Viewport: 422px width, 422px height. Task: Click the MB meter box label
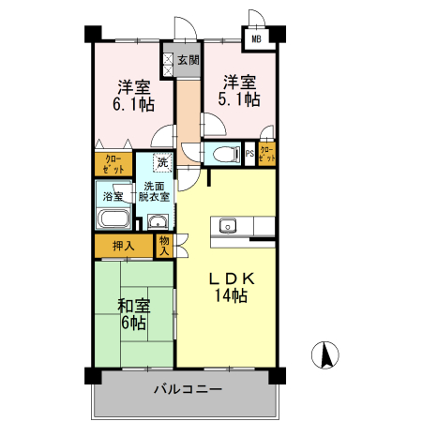(255, 39)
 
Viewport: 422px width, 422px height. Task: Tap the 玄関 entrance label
(188, 60)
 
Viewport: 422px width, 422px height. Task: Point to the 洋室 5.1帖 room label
(238, 90)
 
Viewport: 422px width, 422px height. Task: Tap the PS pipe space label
(249, 155)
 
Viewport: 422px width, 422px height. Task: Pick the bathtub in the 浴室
(113, 221)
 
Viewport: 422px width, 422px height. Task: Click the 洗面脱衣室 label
(154, 191)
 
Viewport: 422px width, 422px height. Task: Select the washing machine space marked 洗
(162, 162)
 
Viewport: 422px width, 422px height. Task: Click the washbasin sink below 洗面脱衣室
(156, 222)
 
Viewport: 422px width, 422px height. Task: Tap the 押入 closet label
(123, 247)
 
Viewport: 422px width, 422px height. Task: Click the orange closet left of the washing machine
(113, 164)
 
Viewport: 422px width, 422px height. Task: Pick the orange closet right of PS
(266, 155)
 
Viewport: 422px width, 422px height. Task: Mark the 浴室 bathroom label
(113, 197)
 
